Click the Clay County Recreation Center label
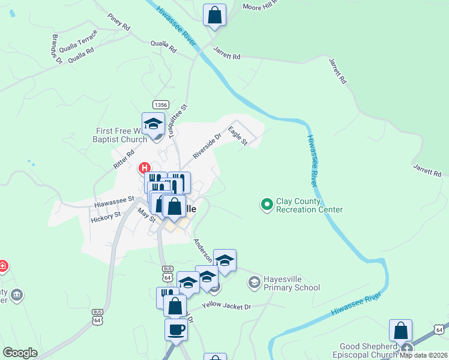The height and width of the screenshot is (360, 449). (x=309, y=205)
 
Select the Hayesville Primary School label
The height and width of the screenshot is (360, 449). (x=292, y=283)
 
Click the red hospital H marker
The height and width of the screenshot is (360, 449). (x=145, y=169)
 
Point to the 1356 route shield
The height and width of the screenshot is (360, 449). (x=160, y=104)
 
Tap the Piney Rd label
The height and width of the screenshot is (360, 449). (x=118, y=23)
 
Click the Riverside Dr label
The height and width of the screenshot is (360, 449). (x=206, y=146)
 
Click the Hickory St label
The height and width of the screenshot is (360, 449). (x=106, y=217)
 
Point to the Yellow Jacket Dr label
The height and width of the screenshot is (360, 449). (x=226, y=306)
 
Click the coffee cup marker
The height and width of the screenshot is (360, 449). (x=176, y=329)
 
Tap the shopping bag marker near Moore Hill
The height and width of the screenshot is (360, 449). (x=214, y=15)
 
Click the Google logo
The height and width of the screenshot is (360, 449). (x=20, y=353)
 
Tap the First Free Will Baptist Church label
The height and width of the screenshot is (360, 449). (x=122, y=135)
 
